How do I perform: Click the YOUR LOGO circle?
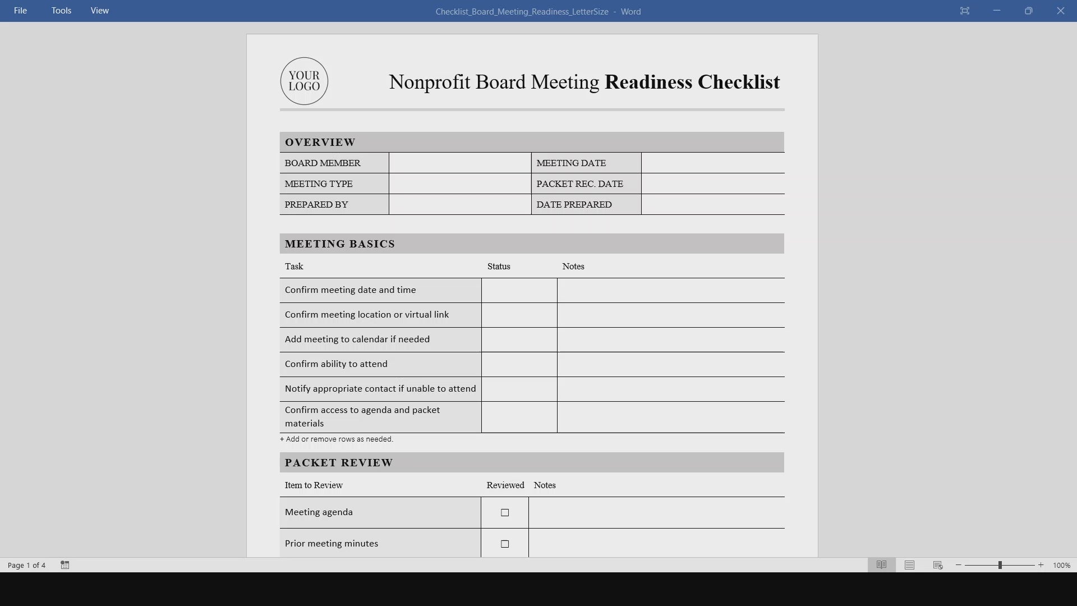[304, 81]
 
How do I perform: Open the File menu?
[20, 11]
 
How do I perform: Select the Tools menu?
[61, 11]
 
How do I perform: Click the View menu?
[100, 11]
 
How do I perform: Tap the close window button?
[1060, 11]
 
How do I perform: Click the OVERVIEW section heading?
[320, 143]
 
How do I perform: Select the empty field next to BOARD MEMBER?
[460, 163]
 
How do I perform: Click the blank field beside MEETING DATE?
[712, 163]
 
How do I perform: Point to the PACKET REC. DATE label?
[579, 184]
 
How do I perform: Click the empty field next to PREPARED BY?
[460, 205]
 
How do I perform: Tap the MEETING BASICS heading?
[340, 244]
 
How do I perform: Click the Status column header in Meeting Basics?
[499, 267]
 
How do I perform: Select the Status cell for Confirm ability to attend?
[519, 365]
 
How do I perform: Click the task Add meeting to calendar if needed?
[357, 339]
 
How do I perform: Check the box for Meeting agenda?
[505, 513]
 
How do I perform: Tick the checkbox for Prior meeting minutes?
[505, 544]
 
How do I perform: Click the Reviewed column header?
[505, 485]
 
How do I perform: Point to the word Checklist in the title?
[738, 82]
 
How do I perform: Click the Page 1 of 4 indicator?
[26, 565]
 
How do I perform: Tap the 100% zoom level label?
[1061, 566]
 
